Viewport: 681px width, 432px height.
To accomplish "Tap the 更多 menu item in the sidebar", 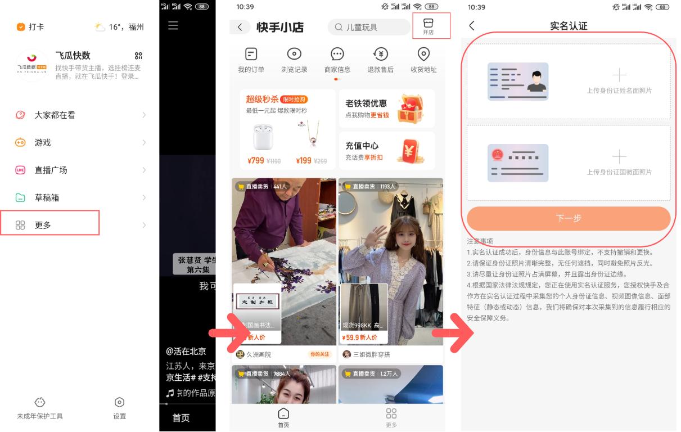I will point(43,225).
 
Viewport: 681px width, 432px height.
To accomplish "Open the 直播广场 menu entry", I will point(51,170).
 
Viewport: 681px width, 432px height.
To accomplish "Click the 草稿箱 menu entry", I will point(47,197).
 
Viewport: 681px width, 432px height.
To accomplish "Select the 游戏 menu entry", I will point(43,143).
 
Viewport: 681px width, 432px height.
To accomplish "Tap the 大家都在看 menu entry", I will point(55,115).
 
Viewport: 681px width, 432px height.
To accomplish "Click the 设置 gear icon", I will point(119,403).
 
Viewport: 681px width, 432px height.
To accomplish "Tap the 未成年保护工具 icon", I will point(40,403).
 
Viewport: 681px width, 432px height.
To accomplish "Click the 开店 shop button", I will point(429,26).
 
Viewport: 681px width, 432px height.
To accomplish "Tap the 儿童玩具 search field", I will point(369,27).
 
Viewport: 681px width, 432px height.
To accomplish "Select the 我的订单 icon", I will point(251,55).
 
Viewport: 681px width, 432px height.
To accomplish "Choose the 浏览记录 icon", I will point(294,55).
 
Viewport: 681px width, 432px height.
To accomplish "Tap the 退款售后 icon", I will point(381,55).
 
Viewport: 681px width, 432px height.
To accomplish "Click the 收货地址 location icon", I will point(424,55).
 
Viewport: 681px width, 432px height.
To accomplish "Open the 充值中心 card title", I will point(362,146).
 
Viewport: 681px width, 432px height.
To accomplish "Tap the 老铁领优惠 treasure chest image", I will point(410,109).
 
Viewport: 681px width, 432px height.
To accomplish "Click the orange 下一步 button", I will point(569,218).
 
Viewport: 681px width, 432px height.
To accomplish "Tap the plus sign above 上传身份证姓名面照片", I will point(619,75).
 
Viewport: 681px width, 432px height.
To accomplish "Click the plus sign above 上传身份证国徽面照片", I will point(619,156).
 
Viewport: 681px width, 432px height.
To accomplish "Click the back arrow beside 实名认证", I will point(472,26).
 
